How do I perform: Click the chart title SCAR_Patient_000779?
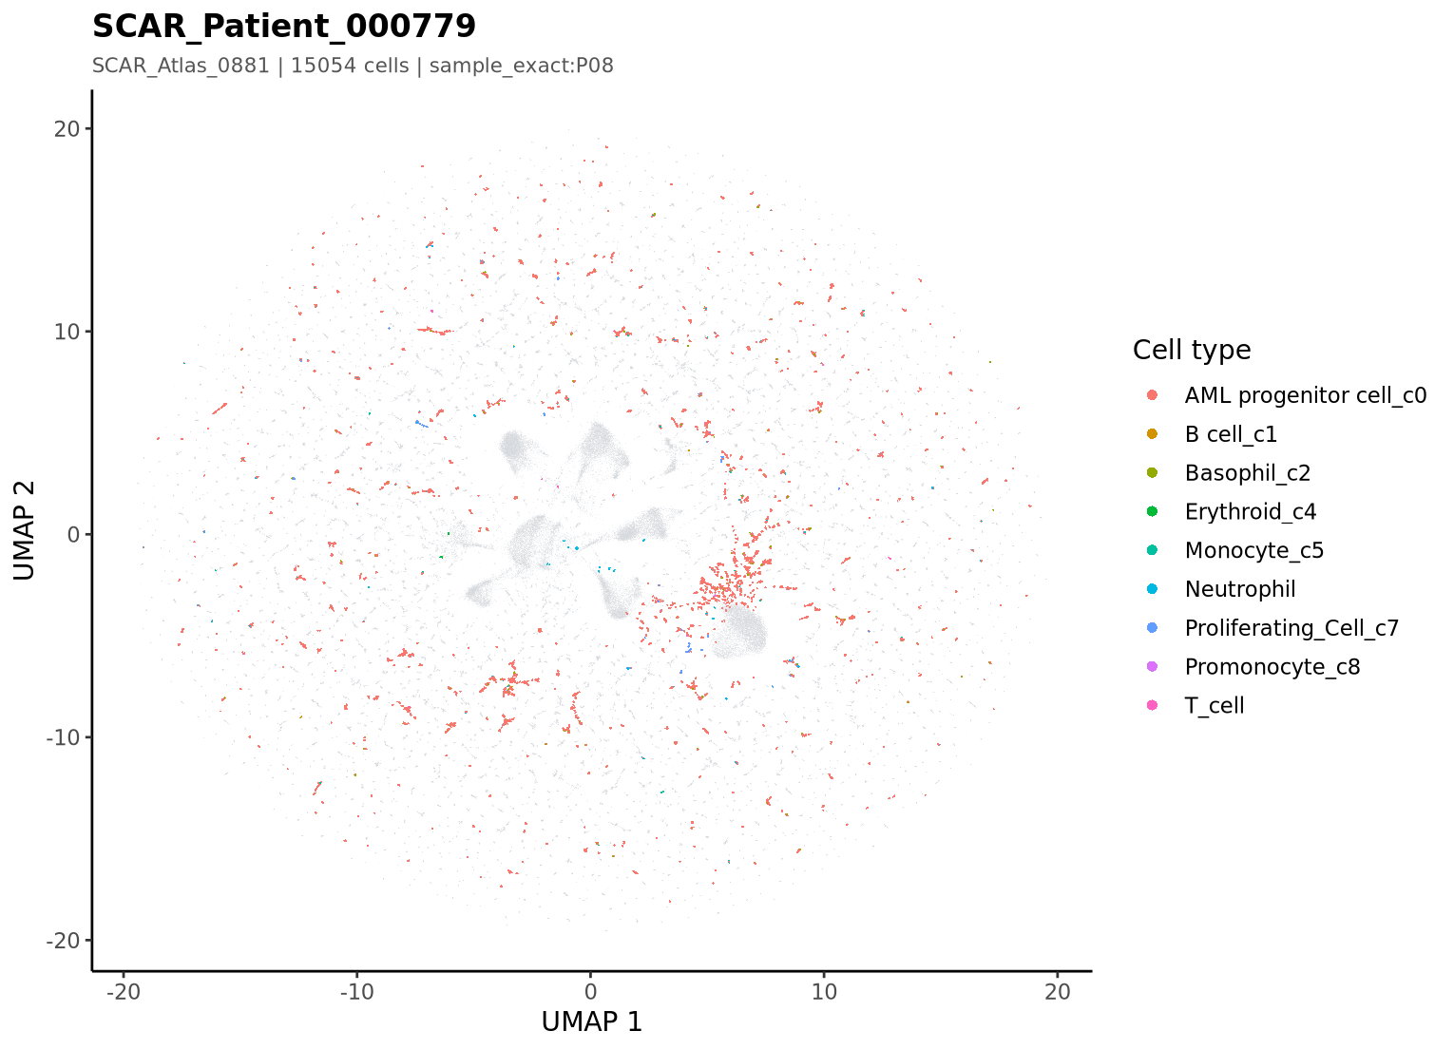pyautogui.click(x=283, y=27)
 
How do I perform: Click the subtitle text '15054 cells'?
pyautogui.click(x=350, y=66)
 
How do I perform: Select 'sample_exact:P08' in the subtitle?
pyautogui.click(x=521, y=67)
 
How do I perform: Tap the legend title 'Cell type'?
pyautogui.click(x=1192, y=351)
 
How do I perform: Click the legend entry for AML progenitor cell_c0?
pyautogui.click(x=1306, y=395)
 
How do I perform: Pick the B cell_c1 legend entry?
pyautogui.click(x=1231, y=434)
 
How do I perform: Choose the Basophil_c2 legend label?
pyautogui.click(x=1248, y=473)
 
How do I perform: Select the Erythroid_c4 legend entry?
pyautogui.click(x=1251, y=512)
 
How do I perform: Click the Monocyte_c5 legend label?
pyautogui.click(x=1254, y=550)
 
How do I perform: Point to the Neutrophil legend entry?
pyautogui.click(x=1240, y=589)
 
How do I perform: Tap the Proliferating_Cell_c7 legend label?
pyautogui.click(x=1291, y=628)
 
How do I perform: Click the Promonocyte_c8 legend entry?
pyautogui.click(x=1272, y=667)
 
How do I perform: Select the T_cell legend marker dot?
pyautogui.click(x=1152, y=705)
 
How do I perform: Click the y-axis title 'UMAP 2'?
pyautogui.click(x=24, y=530)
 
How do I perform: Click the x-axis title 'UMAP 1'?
pyautogui.click(x=592, y=1022)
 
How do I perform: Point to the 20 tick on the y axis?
pyautogui.click(x=67, y=129)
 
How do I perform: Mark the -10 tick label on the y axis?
pyautogui.click(x=63, y=738)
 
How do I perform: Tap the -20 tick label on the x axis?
pyautogui.click(x=124, y=992)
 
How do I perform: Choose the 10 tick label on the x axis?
pyautogui.click(x=824, y=992)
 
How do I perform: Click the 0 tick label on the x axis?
pyautogui.click(x=591, y=992)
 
